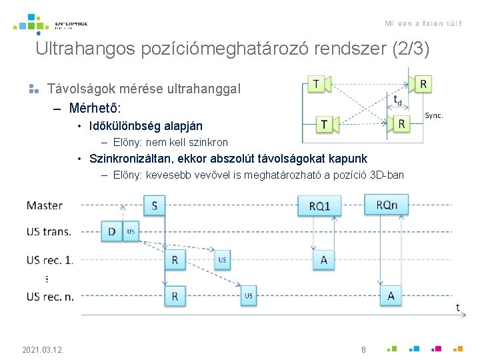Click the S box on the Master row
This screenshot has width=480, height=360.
(155, 205)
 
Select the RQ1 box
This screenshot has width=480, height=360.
(319, 206)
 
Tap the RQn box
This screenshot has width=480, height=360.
(386, 205)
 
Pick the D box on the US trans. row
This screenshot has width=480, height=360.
(111, 231)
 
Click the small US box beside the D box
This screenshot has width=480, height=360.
(131, 231)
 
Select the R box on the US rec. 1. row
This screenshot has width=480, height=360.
(175, 260)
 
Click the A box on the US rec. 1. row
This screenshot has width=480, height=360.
(324, 260)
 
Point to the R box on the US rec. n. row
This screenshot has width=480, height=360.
(175, 295)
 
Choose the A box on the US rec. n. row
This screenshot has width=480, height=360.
(391, 295)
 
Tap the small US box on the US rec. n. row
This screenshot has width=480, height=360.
(249, 295)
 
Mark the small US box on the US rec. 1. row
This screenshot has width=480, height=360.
(222, 260)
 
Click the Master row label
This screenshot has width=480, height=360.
(45, 205)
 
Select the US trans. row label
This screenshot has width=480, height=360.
(49, 231)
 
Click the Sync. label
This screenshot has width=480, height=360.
(434, 115)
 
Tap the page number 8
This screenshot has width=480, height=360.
(363, 349)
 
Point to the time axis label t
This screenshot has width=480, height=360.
(457, 307)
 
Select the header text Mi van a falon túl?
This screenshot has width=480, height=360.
(423, 23)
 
